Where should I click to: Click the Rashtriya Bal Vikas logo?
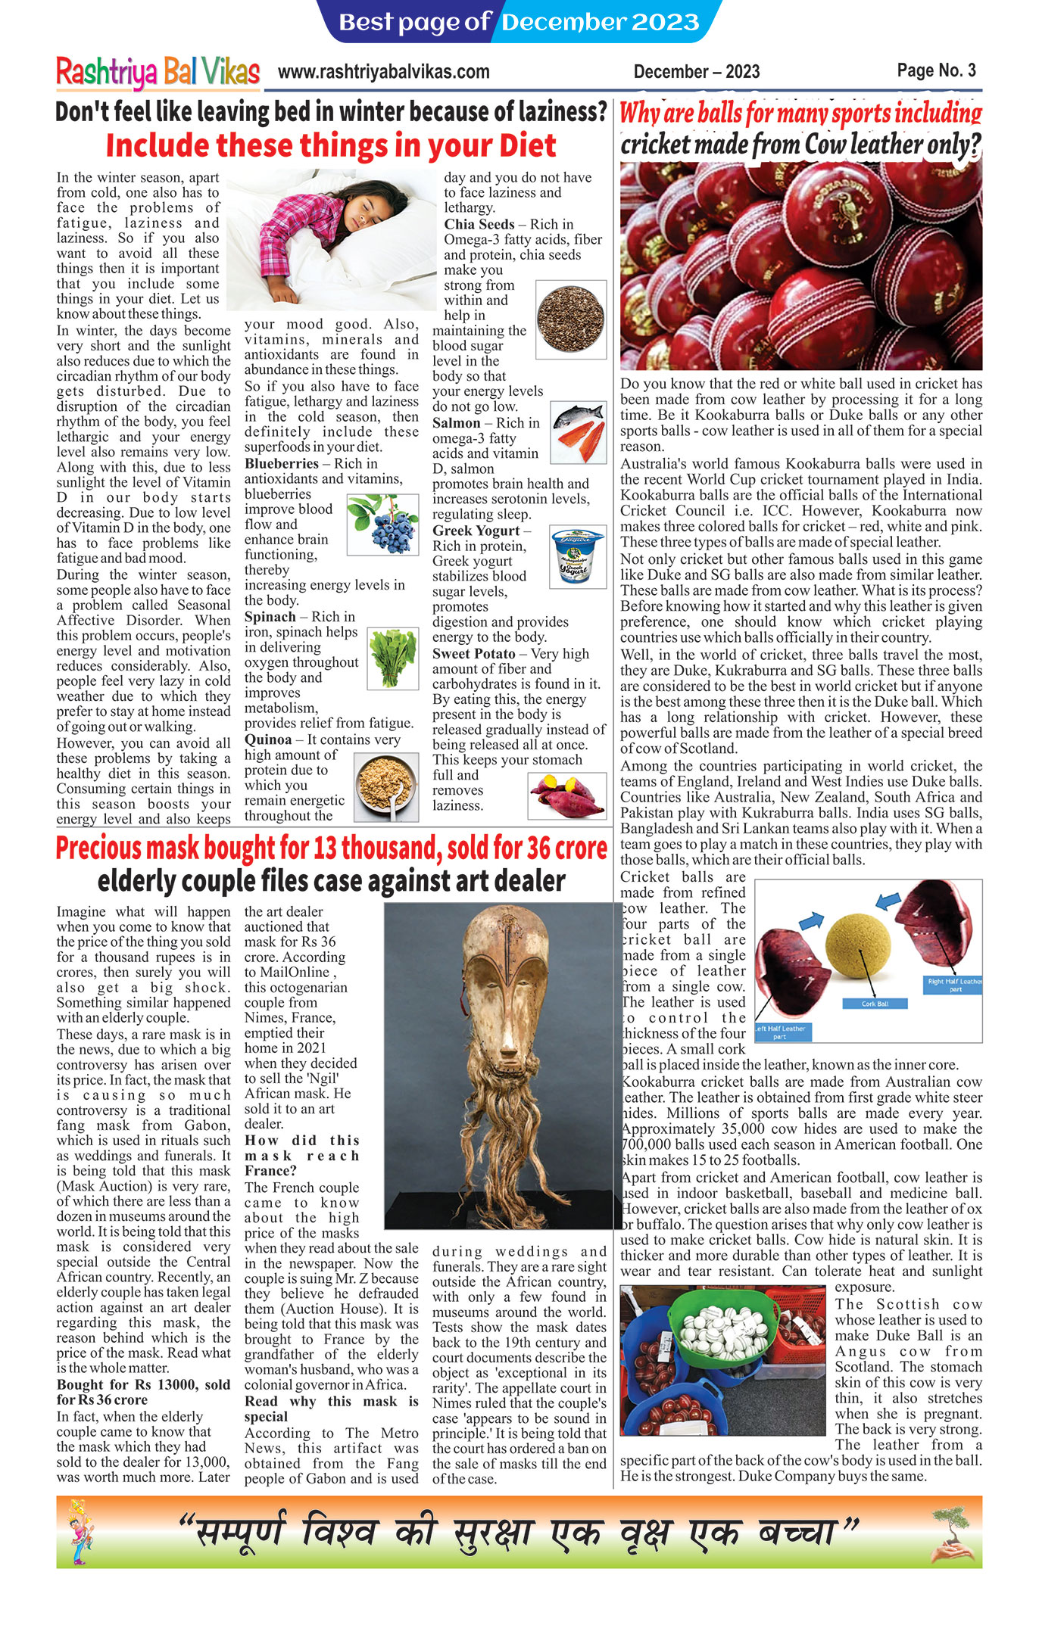pos(158,72)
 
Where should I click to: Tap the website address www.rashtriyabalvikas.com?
pos(383,72)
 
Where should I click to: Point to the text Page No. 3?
pos(936,70)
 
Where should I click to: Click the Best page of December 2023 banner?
pos(519,22)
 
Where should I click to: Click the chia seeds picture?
pos(570,319)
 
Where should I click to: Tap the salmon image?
pos(578,432)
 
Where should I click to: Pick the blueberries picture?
pos(382,524)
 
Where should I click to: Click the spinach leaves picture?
pos(392,658)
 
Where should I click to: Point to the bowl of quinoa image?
pos(385,786)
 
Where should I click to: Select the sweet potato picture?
pos(566,795)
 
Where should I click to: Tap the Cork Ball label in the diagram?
pos(875,1004)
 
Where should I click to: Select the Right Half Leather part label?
pos(954,985)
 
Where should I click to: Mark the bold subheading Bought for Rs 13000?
pos(143,1384)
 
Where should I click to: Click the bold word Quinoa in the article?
pos(268,739)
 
